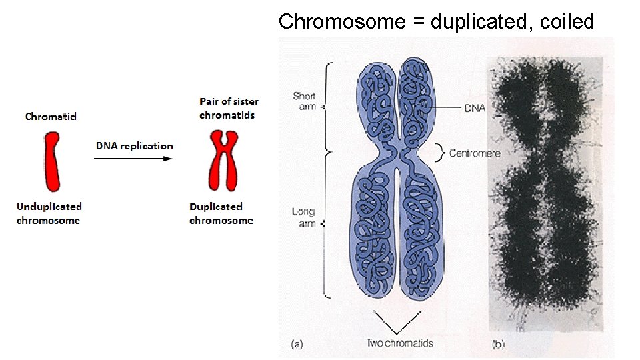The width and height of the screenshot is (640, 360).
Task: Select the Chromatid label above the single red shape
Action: click(x=51, y=117)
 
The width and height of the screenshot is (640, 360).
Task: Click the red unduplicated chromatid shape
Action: click(x=51, y=162)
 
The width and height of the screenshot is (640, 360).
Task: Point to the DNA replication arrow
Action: click(x=133, y=159)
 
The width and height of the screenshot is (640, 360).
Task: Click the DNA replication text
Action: click(x=134, y=146)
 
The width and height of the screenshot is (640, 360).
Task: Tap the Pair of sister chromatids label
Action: click(x=229, y=108)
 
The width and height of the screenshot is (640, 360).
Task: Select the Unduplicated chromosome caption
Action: click(x=49, y=213)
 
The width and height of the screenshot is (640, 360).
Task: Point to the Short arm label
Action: click(x=305, y=101)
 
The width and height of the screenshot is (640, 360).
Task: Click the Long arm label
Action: click(x=303, y=217)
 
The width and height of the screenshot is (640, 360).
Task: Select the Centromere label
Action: click(x=475, y=153)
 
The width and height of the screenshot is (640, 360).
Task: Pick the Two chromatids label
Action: click(x=399, y=343)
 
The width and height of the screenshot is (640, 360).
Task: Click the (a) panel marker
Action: click(x=297, y=344)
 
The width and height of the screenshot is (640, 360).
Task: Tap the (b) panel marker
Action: click(x=497, y=344)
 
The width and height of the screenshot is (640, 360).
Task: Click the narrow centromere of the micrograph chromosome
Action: click(x=547, y=150)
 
